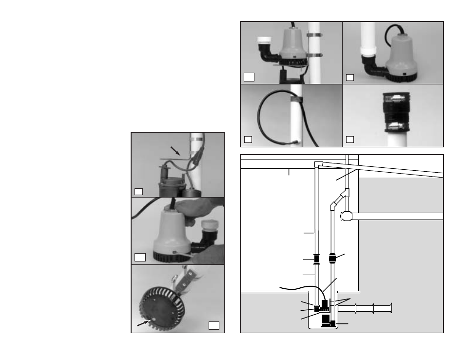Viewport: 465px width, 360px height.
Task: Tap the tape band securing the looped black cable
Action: coord(295,100)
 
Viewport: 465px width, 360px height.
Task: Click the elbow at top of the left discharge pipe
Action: coord(318,165)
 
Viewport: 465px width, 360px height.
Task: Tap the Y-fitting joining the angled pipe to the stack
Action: coord(347,193)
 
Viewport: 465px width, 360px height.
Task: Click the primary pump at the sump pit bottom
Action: coord(327,321)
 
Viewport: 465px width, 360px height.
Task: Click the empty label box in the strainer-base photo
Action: coord(213,325)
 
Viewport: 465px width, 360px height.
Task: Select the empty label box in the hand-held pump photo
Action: coord(140,257)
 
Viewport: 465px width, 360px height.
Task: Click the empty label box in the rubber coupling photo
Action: coord(350,140)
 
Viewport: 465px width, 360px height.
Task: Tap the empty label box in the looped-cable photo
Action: coord(248,140)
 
